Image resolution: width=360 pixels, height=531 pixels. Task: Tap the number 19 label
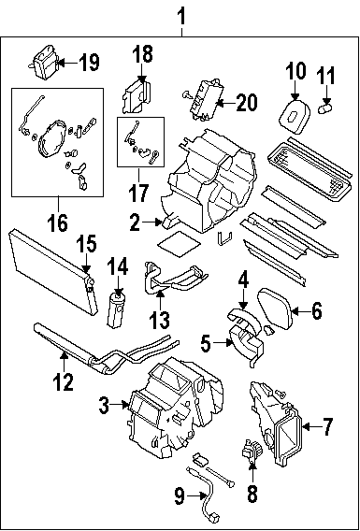coord(90,63)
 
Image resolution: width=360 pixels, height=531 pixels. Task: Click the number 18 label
coord(142,54)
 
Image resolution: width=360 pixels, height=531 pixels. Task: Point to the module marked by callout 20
coord(203,99)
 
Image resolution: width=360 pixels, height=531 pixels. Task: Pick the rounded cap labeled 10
coord(294,115)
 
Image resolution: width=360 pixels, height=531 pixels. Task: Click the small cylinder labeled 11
coord(325,109)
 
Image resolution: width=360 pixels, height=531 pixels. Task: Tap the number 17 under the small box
coord(138,193)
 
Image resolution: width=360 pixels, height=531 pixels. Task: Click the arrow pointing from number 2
coord(151,222)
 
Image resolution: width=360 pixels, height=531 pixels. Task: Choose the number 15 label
coord(86,244)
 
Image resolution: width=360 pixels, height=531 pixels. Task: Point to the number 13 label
coord(160,320)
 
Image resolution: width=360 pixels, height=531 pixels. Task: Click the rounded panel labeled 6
coord(275,308)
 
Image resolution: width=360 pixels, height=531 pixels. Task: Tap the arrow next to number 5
coord(223,343)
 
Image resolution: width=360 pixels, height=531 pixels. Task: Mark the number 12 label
coord(63,381)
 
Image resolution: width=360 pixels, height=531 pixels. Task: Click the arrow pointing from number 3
coord(121,404)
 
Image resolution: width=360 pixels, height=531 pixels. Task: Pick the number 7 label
coord(327,426)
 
